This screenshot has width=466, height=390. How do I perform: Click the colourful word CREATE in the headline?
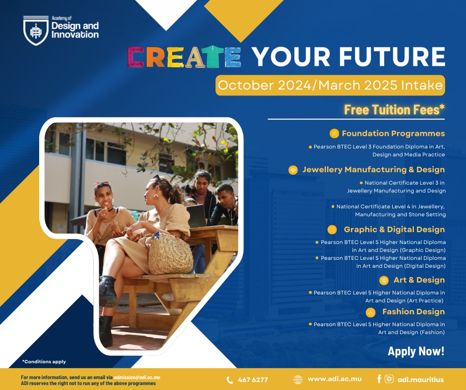point(184,57)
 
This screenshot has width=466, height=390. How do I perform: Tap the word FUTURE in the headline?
point(392,56)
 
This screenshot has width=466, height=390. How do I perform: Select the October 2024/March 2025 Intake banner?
point(330,85)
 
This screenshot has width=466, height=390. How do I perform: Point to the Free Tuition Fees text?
point(395,109)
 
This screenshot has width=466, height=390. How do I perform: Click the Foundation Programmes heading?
point(393,133)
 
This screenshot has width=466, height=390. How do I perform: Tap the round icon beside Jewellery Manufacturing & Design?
point(293,170)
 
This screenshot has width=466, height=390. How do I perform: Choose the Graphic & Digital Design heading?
point(395,230)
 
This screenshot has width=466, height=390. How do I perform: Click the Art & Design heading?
point(419,280)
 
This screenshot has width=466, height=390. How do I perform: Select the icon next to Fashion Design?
point(370,312)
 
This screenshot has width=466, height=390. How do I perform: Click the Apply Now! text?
point(416,351)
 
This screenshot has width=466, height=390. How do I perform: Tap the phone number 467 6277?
point(253,380)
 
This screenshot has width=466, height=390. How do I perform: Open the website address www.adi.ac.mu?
point(335,379)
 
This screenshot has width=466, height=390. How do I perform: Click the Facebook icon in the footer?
point(379,379)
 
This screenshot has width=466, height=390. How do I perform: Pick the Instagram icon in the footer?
point(389,379)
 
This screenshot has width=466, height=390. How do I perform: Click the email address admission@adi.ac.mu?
point(137,378)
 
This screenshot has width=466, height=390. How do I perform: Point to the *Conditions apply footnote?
point(44,361)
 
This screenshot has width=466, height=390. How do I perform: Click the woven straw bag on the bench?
point(171,254)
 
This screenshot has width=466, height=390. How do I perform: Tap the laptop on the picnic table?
point(196,216)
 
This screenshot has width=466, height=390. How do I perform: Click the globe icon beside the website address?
point(298,380)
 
